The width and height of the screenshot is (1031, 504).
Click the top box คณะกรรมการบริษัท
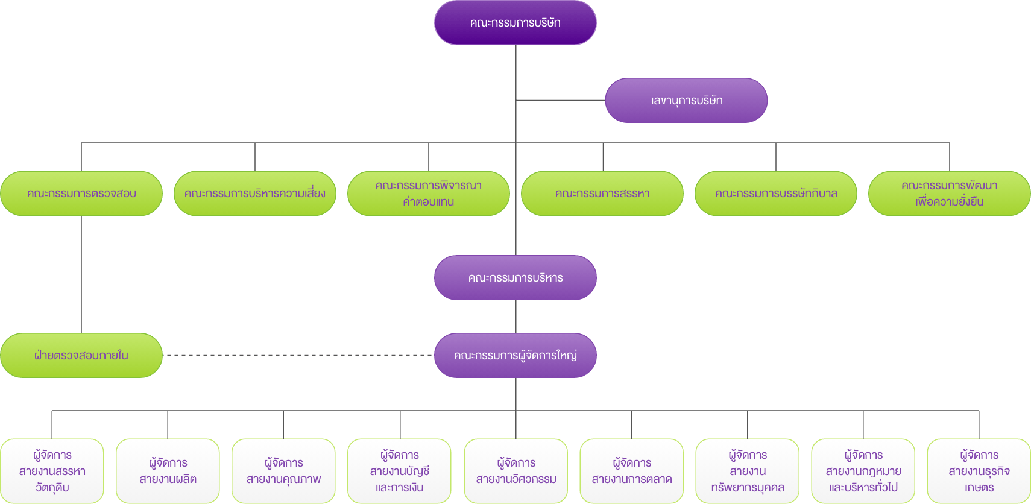tap(515, 23)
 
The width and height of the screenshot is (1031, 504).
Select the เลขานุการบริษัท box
tap(686, 101)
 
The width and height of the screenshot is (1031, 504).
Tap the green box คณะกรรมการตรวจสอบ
tap(81, 194)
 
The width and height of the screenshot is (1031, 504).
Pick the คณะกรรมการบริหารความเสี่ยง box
tap(254, 194)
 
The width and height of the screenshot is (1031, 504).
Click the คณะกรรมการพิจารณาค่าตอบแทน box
tap(428, 194)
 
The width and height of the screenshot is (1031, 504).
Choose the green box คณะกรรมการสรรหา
tap(602, 194)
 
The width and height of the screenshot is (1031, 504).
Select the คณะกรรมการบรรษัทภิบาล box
tap(775, 194)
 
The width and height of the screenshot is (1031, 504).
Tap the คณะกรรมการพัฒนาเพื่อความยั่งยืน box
tap(949, 194)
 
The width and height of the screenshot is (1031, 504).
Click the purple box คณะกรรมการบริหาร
tap(515, 278)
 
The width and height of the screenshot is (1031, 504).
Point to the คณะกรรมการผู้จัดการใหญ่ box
tap(515, 356)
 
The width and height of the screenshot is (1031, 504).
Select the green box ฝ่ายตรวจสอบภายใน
tap(81, 356)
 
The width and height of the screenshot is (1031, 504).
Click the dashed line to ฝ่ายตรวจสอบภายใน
tap(298, 355)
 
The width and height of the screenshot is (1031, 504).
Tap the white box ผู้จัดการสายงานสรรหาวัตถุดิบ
tap(52, 471)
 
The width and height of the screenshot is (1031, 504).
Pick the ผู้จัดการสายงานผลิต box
tap(168, 471)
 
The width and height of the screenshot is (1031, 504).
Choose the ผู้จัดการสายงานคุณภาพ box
tap(283, 471)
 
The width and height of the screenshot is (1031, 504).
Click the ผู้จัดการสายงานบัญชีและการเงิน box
tap(399, 471)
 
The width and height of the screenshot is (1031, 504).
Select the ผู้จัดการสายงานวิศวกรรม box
tap(515, 471)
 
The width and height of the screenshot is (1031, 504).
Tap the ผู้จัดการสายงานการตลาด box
tap(631, 471)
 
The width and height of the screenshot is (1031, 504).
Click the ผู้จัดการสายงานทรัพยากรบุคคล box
tap(747, 471)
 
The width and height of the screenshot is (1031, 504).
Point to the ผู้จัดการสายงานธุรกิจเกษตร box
tap(979, 471)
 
